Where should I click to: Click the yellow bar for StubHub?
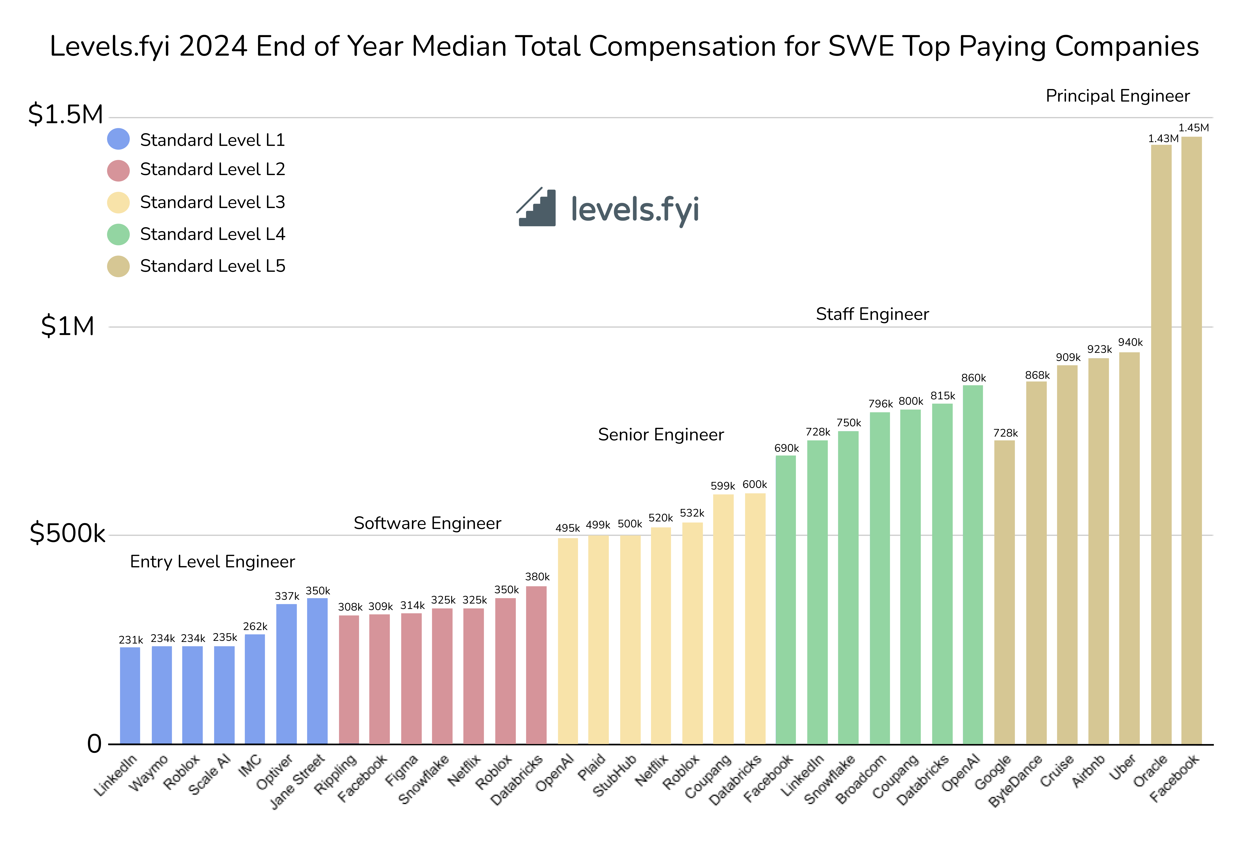[630, 639]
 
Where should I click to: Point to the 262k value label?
[255, 626]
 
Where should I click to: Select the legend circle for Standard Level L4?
[118, 234]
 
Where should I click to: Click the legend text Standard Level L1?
[212, 140]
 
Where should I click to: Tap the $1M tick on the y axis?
[68, 326]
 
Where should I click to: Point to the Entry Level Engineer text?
[212, 561]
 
